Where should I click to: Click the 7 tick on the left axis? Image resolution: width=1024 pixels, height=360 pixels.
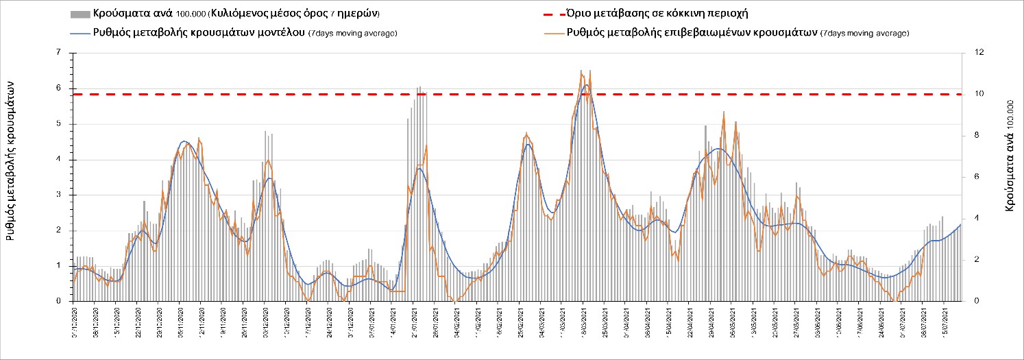pos(60,53)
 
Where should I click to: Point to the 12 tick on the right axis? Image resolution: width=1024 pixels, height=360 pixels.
pos(969,53)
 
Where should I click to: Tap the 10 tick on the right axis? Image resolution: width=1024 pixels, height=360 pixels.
pos(969,94)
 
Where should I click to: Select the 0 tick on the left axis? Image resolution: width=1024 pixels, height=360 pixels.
pos(60,301)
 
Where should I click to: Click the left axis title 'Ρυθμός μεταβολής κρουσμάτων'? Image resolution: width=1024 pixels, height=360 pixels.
pos(12,158)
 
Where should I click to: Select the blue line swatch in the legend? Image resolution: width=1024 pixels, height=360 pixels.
pos(80,33)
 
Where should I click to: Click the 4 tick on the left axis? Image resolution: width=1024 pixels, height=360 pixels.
pos(60,159)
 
